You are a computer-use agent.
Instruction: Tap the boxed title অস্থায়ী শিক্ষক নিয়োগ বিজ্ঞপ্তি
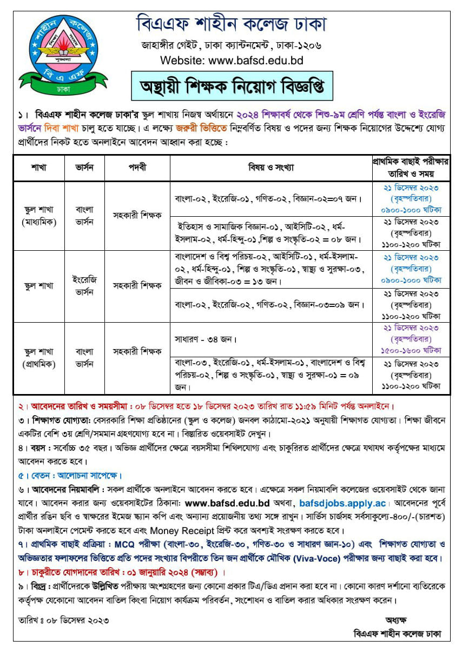point(231,86)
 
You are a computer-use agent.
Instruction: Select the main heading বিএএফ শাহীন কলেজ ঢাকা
point(231,24)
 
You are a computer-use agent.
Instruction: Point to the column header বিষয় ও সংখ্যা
point(271,168)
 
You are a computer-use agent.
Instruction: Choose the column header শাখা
point(39,168)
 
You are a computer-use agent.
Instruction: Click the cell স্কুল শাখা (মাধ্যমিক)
point(39,215)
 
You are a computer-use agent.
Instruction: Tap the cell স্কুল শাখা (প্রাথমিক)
point(39,357)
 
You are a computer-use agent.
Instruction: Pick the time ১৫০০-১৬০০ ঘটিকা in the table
point(411,350)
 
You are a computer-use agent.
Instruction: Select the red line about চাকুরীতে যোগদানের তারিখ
point(121,572)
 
